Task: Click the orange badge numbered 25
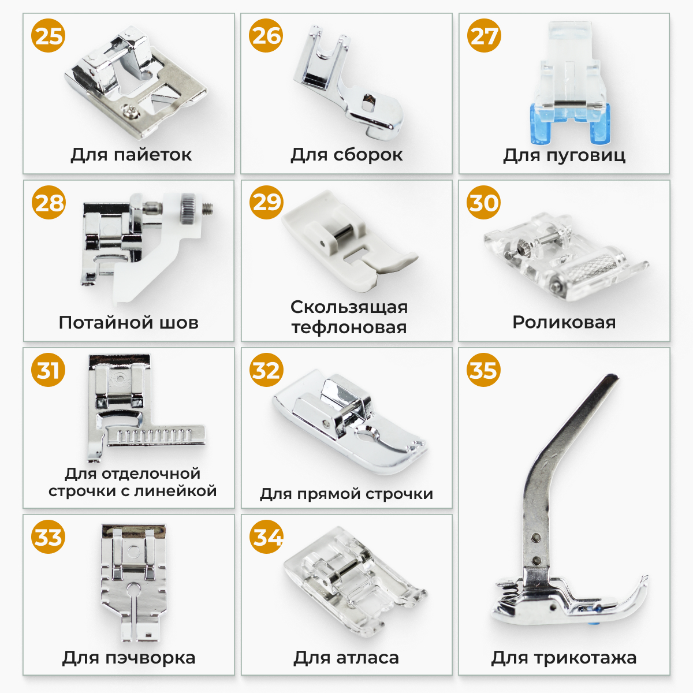click(48, 36)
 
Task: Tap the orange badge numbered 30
click(483, 203)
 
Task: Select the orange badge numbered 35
click(483, 370)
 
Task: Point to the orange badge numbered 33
click(48, 537)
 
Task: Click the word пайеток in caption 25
click(153, 155)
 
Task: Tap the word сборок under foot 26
click(368, 155)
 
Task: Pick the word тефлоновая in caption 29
click(349, 327)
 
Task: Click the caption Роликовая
click(564, 322)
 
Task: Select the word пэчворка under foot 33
click(150, 658)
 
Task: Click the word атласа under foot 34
click(368, 658)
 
